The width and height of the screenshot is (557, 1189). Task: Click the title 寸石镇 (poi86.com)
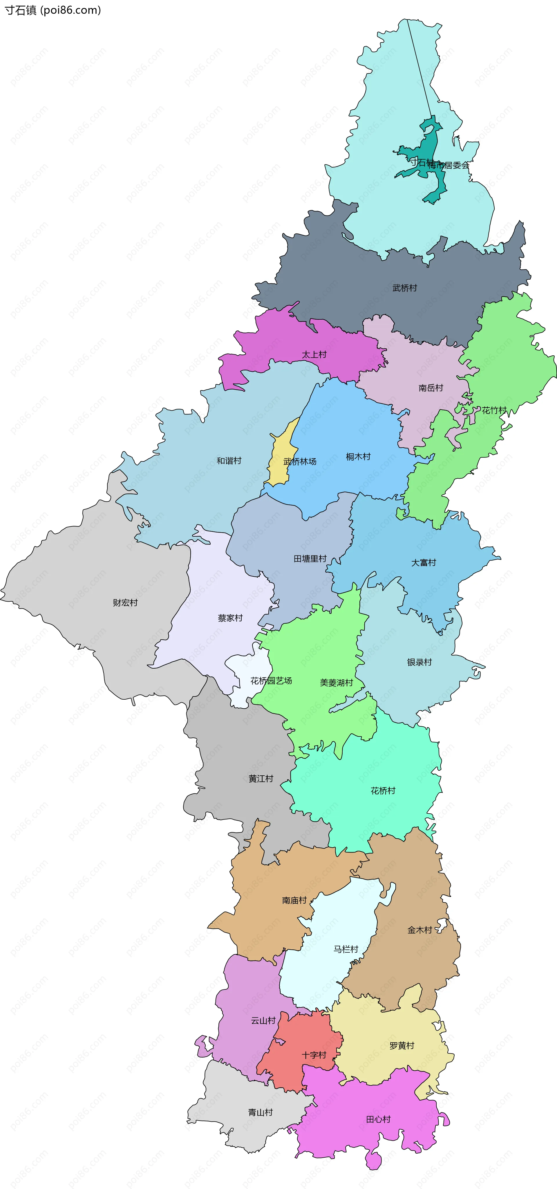point(53,10)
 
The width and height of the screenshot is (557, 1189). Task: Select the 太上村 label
point(314,354)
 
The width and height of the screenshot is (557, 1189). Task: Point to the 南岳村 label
point(431,388)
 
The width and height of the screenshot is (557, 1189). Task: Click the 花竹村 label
point(494,410)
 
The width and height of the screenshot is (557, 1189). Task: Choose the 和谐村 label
point(229,461)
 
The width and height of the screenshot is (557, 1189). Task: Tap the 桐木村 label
point(358,457)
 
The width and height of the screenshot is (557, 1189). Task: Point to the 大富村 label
point(423,563)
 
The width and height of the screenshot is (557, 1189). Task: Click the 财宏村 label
point(125,602)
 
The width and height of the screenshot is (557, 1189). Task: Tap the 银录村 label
point(419,662)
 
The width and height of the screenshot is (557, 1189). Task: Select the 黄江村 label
point(261,778)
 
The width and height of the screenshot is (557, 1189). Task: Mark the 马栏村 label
point(346,949)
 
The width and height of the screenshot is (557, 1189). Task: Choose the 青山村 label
point(260,1112)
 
